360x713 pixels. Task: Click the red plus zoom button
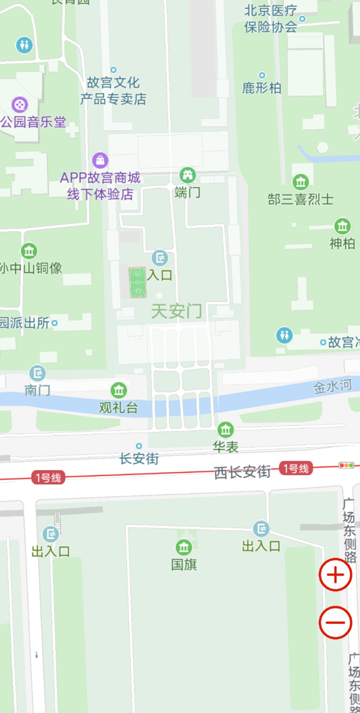pos(336,575)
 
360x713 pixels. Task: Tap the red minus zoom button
pos(336,622)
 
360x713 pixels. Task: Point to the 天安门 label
pos(176,311)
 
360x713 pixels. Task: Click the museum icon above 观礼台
pos(119,390)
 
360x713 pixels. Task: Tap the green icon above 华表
pos(226,429)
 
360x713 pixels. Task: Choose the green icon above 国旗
pos(184,547)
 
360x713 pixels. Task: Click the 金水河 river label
pos(333,388)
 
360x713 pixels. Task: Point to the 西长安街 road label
pos(242,472)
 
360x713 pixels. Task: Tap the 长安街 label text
pos(139,459)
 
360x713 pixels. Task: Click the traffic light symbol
pos(346,465)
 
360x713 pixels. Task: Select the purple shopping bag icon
pos(101,160)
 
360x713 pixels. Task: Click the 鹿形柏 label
pos(262,88)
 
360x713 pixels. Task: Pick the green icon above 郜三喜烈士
pos(301,182)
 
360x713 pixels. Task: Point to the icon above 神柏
pos(342,226)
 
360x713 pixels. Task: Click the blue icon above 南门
pos(38,373)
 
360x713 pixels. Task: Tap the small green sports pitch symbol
pos(138,282)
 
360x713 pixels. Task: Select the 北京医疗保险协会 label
pos(271,19)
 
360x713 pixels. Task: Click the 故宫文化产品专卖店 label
pos(113,91)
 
